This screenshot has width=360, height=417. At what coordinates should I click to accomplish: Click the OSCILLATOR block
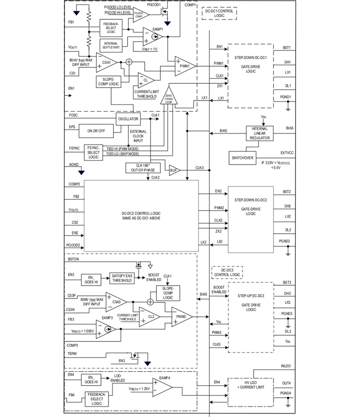128,119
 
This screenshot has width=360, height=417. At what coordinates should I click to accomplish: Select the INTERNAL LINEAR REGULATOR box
259,133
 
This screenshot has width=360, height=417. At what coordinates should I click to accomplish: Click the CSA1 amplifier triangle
106,63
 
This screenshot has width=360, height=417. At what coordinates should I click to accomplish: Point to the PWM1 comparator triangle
184,66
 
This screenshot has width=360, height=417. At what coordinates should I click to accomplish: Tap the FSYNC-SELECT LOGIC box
94,152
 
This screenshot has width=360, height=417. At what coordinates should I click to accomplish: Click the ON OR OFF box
96,131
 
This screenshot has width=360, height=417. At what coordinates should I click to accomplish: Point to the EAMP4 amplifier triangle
161,387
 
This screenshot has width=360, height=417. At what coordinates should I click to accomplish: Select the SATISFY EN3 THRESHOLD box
122,278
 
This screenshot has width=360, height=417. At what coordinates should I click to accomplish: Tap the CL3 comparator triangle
148,317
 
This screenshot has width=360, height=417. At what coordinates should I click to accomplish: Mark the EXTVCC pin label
287,153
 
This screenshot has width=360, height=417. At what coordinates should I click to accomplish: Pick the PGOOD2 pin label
73,245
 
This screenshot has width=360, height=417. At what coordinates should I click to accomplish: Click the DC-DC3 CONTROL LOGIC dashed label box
227,272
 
